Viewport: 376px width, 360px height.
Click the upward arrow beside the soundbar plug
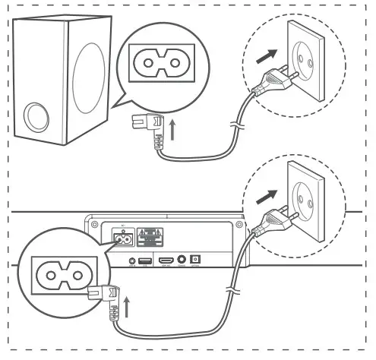pyautogui.click(x=126, y=307)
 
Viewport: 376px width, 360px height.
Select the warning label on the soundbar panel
pyautogui.click(x=156, y=236)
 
